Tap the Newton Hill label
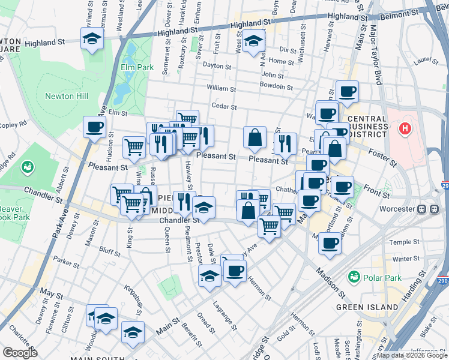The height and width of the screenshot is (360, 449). coord(67,96)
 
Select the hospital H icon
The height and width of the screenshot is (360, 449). coord(405,128)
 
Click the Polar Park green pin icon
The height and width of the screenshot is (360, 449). coord(354,277)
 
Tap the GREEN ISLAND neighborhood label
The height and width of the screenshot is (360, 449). coord(367,307)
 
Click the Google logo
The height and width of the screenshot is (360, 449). coord(20,353)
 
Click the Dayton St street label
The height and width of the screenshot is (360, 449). coord(217,65)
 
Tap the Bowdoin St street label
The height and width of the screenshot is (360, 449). coord(276,86)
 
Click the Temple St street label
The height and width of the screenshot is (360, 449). coord(403,242)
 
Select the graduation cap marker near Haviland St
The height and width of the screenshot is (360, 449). coord(92,39)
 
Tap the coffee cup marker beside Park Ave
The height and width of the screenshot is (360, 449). coord(95,127)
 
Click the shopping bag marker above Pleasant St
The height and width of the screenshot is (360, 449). coord(255,137)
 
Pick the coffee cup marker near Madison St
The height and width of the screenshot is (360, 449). coord(330,243)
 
